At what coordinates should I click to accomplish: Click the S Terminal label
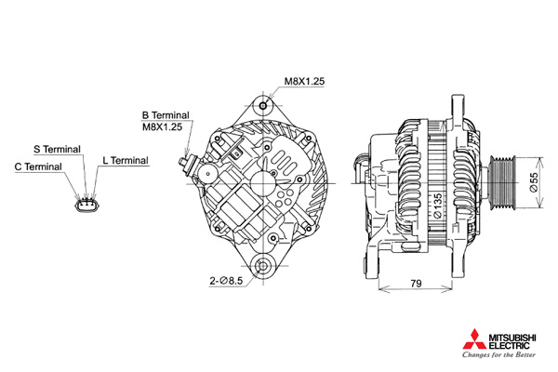pos(58,149)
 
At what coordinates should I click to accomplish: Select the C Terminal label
pos(38,166)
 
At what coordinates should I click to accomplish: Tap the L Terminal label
pos(126,161)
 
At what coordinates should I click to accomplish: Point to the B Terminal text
pos(166,115)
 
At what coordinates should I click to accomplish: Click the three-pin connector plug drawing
pos(86,205)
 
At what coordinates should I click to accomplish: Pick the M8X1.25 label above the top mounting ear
pos(304,81)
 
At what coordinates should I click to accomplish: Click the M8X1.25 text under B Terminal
pos(162,126)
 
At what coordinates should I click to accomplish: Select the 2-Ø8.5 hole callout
pos(226,281)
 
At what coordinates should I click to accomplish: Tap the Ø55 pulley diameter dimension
pos(534,182)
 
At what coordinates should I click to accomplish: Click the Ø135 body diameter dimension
pos(438,206)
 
